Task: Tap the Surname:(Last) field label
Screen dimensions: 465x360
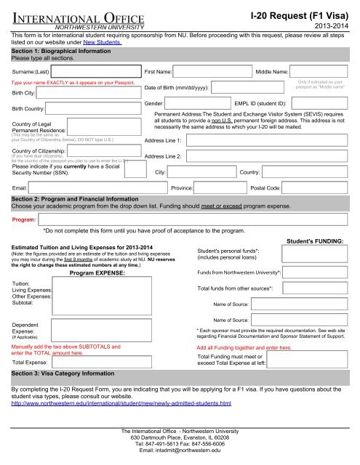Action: [x=31, y=73]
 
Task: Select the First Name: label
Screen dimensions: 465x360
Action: [x=159, y=73]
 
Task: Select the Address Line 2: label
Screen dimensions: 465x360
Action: [x=164, y=156]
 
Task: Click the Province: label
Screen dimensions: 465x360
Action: [x=181, y=187]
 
